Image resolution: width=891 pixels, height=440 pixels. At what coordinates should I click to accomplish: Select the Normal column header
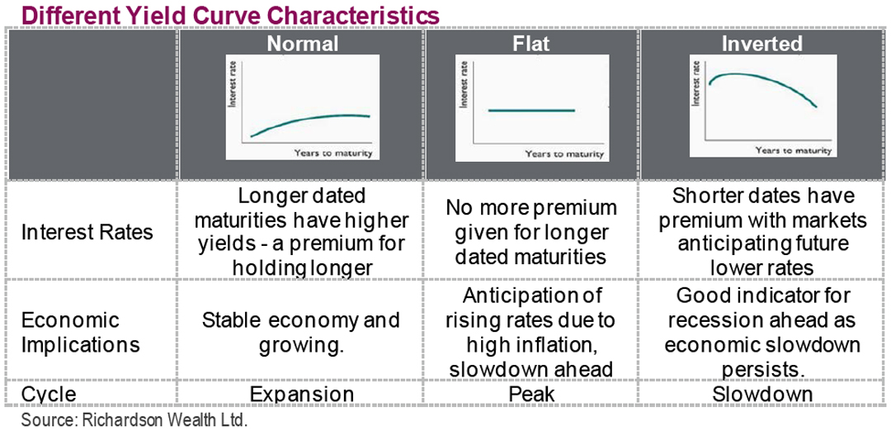[302, 44]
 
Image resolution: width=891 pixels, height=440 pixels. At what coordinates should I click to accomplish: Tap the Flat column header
[530, 44]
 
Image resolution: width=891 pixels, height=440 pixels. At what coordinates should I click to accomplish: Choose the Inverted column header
[761, 44]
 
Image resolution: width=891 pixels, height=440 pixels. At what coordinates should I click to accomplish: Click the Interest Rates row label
[87, 233]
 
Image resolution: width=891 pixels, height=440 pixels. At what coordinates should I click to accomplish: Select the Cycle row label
[49, 395]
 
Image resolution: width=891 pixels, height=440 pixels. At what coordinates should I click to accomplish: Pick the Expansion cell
[302, 395]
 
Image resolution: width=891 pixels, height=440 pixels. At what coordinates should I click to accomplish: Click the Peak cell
[531, 395]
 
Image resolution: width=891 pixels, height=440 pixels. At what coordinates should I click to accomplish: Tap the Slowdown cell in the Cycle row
[762, 395]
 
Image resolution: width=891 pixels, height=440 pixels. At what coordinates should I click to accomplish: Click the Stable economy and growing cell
[301, 332]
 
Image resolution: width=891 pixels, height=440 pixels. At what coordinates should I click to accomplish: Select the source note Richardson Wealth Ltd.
[134, 420]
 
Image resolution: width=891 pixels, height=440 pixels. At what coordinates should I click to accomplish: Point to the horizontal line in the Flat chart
[530, 110]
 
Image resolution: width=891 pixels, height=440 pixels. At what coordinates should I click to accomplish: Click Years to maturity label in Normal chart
[333, 154]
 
